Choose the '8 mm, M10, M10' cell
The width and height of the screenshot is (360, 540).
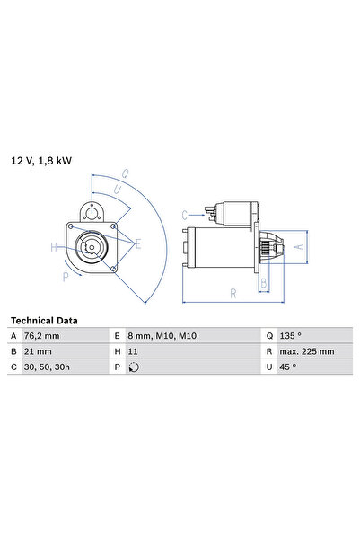click(x=162, y=336)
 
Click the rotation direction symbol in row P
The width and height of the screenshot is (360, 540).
click(x=135, y=367)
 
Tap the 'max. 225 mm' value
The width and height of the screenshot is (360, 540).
click(x=307, y=351)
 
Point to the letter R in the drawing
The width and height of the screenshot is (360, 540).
click(x=233, y=293)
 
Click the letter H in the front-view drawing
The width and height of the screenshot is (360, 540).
click(x=54, y=247)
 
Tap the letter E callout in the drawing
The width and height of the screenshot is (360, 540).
click(x=137, y=243)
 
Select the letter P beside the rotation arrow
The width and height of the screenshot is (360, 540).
click(x=66, y=277)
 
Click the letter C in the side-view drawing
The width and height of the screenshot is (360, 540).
click(x=184, y=215)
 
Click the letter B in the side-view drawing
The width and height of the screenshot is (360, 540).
click(x=263, y=283)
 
